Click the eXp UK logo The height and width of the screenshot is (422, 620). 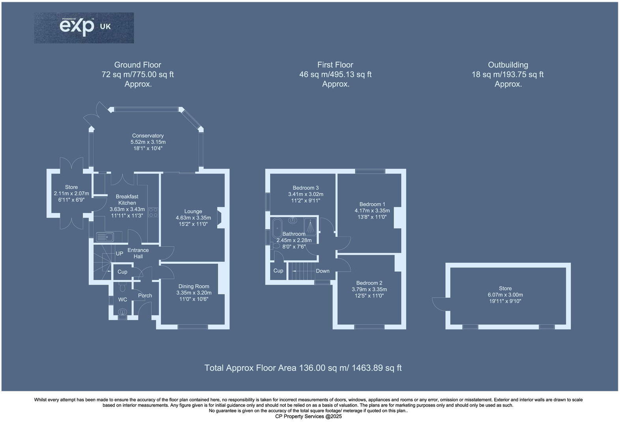coord(84,28)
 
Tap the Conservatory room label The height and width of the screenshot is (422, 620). coord(148,136)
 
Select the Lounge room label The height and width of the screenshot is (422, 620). coord(193,211)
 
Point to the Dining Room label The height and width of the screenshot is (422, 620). coord(194,287)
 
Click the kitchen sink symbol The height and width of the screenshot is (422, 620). coord(105,237)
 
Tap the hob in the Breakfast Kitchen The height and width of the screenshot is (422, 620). coord(153,213)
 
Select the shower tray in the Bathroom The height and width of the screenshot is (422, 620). coord(310,226)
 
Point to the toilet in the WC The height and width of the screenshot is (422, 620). coord(122,287)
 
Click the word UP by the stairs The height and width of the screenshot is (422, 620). coord(120,254)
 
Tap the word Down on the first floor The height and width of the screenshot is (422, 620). coord(323,271)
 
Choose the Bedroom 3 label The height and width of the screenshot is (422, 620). coord(306,188)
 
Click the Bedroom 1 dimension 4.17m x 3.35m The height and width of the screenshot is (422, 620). coord(372,211)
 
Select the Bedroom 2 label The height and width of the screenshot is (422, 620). coord(369,283)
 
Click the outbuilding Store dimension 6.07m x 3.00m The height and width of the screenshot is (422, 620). coord(505,295)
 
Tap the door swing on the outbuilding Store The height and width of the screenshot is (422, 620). coord(439,303)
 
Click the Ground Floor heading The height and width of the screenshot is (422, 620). coord(138,65)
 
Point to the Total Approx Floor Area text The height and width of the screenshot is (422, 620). coord(303,368)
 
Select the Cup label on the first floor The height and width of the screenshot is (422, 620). coord(278,271)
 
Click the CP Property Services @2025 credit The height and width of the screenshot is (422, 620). coord(308,416)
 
